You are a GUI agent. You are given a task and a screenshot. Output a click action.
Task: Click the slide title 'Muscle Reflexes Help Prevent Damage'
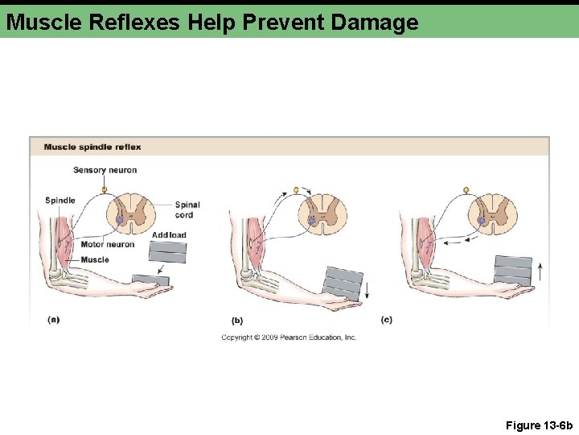coord(212,22)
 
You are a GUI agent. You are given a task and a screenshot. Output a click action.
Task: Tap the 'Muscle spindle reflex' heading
coord(92,147)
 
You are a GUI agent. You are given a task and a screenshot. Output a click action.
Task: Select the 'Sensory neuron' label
coord(105,170)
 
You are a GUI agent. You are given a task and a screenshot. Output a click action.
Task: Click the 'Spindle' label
coord(60,201)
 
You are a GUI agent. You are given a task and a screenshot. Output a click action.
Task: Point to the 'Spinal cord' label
coord(187,209)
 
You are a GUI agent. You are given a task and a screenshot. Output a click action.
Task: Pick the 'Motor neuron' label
coord(108,244)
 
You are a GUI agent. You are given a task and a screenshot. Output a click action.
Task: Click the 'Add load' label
coord(169,235)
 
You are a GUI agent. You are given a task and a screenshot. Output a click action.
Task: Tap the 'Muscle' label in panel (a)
coord(95,259)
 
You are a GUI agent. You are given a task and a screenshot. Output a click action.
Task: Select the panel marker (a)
coord(54,319)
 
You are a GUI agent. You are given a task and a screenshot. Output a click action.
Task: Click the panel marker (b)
coord(236,320)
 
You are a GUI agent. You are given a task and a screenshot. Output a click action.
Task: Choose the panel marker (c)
coord(387,319)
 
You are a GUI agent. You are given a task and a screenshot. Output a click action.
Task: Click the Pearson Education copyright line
coord(289,338)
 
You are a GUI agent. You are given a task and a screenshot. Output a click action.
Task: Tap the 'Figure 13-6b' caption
coord(539,425)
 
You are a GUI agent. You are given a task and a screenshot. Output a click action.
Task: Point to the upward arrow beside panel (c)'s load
coord(541,270)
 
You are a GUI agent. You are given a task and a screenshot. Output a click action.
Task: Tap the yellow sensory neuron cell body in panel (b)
coord(295,190)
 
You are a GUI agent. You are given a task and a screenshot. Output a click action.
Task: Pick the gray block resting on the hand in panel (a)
coord(150,280)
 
